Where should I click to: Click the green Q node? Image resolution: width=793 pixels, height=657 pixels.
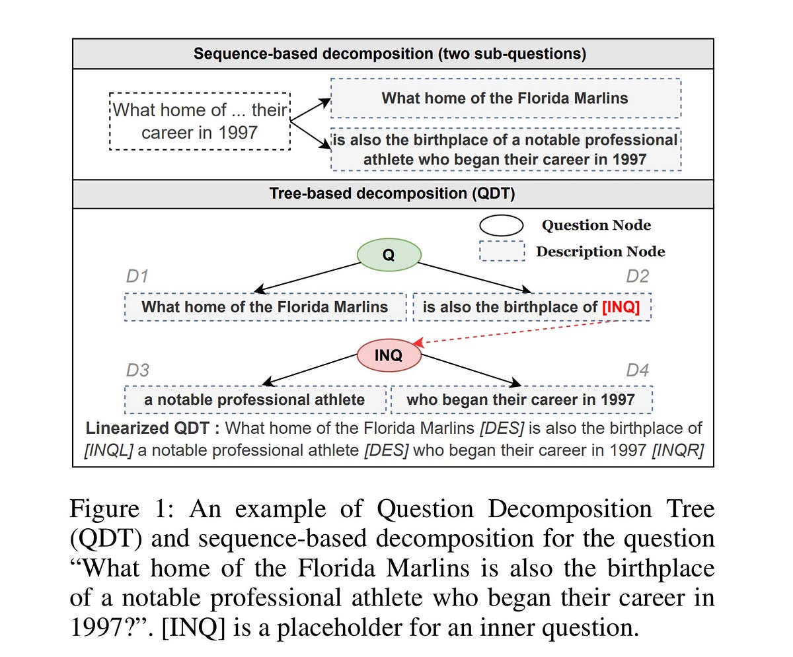(x=389, y=254)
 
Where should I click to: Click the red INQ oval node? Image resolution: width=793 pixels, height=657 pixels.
(x=389, y=355)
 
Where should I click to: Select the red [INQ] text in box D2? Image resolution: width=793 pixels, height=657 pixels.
(x=621, y=307)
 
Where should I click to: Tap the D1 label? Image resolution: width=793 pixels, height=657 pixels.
(x=137, y=276)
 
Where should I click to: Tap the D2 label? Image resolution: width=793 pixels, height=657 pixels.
(x=637, y=276)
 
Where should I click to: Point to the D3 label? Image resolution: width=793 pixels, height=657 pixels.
(x=137, y=370)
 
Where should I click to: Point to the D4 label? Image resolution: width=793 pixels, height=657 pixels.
(x=637, y=370)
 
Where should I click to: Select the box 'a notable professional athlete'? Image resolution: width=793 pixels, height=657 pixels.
(x=254, y=399)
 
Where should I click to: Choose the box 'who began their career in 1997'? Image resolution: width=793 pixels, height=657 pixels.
(x=521, y=399)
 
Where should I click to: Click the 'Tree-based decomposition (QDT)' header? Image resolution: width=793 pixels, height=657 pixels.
(x=393, y=194)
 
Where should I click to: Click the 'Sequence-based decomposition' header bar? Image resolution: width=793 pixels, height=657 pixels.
(x=393, y=53)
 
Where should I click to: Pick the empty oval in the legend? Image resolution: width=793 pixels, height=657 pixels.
(x=501, y=225)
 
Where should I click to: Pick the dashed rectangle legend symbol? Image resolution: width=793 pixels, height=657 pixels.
(x=501, y=252)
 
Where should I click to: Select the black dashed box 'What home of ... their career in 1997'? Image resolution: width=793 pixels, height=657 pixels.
(x=200, y=121)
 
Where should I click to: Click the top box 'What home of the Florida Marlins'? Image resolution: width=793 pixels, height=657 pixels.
(x=505, y=98)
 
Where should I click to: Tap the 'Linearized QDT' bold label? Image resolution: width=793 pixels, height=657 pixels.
(x=153, y=428)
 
